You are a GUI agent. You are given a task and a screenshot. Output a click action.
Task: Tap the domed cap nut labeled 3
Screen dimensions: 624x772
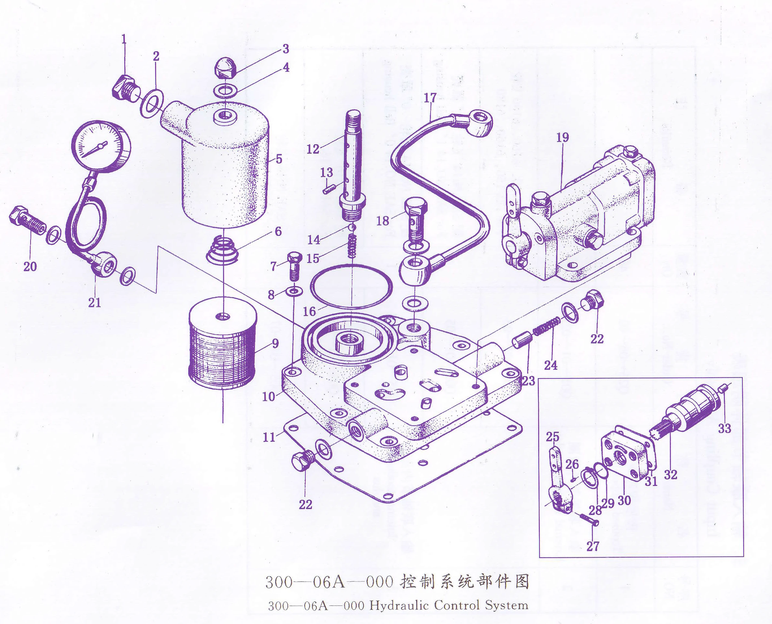click(x=225, y=68)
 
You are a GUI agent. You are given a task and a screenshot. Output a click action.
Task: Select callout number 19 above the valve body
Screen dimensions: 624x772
click(x=563, y=137)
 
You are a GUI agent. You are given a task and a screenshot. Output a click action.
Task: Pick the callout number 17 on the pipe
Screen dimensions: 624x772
click(x=430, y=98)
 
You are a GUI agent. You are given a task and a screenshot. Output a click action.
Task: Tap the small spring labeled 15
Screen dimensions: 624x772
click(x=353, y=245)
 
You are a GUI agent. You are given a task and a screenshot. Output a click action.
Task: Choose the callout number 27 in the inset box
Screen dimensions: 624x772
click(x=592, y=546)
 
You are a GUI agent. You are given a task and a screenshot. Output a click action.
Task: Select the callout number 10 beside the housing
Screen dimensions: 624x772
click(x=268, y=396)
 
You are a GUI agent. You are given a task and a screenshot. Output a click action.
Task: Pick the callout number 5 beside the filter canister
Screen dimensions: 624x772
click(x=279, y=159)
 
